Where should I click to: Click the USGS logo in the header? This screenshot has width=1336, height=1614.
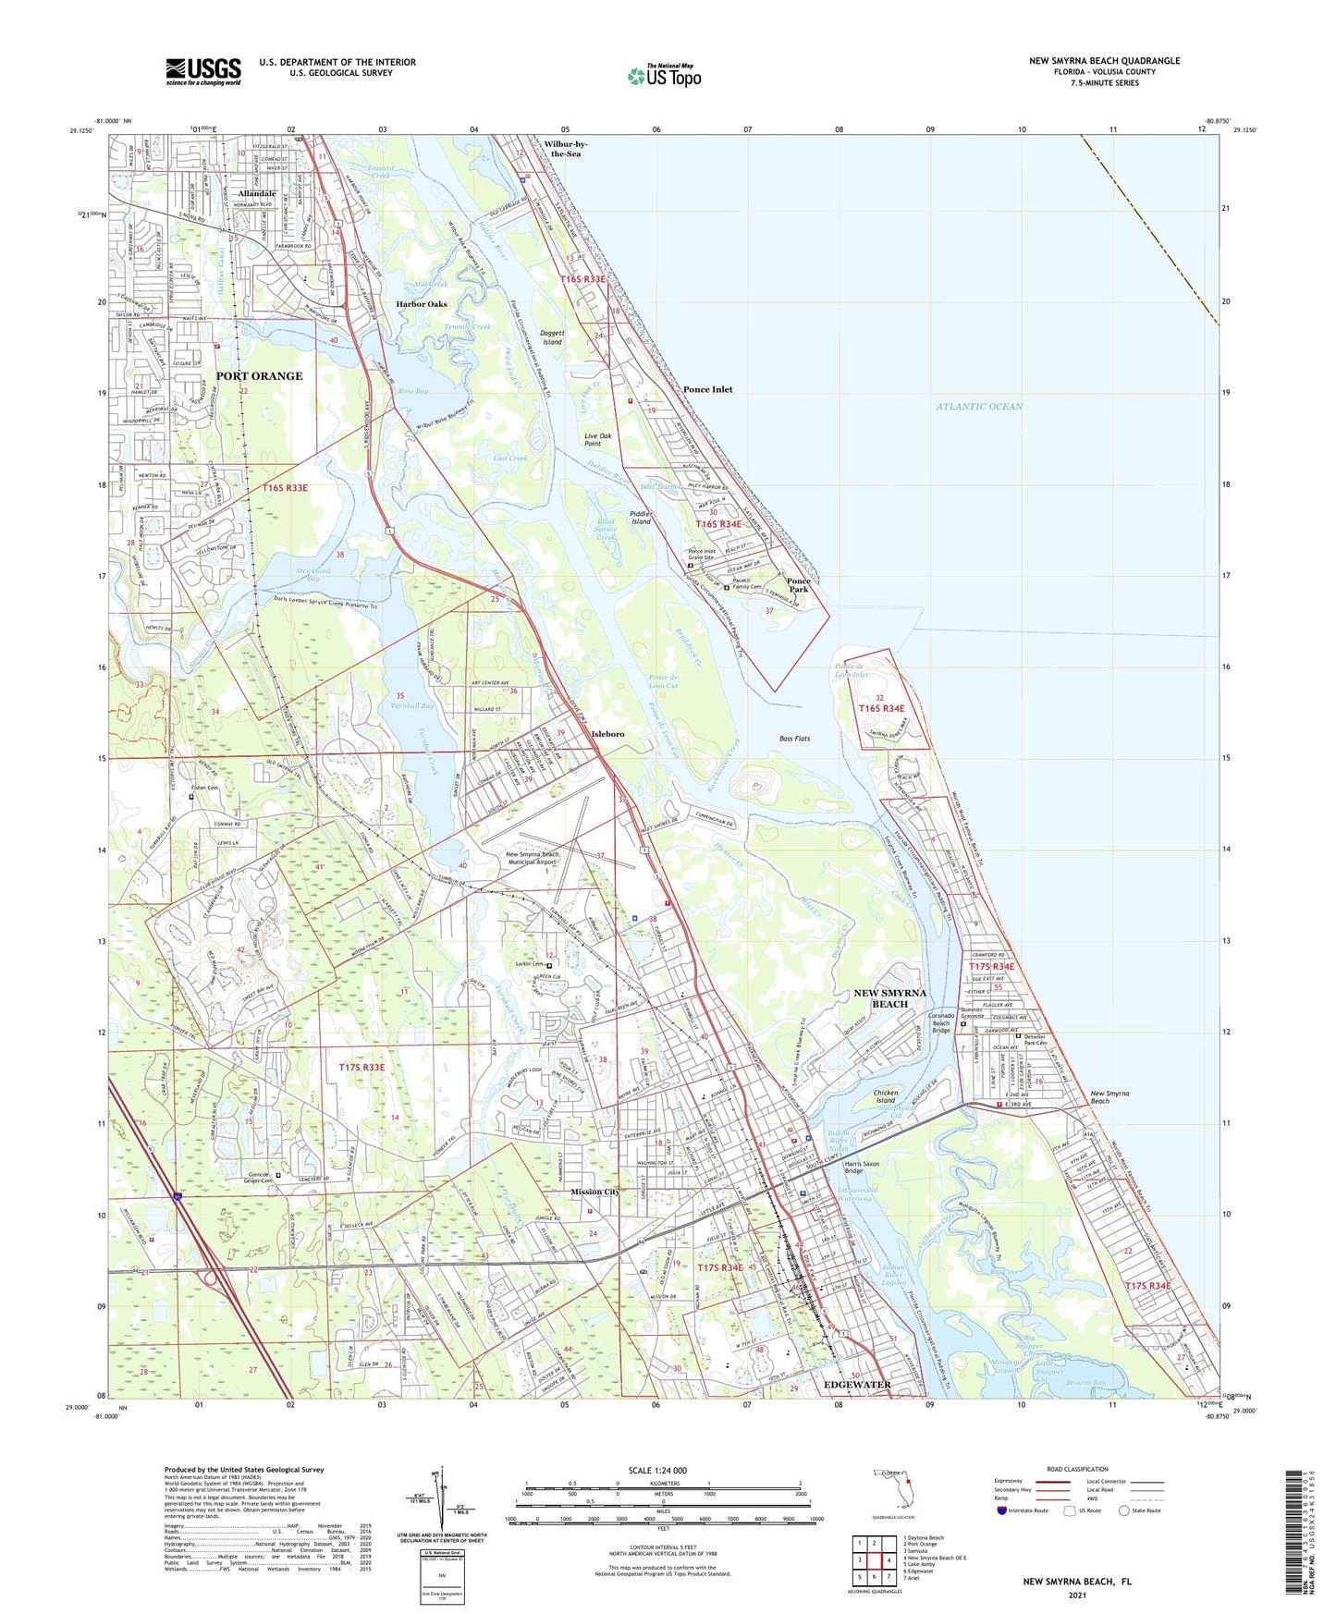203,70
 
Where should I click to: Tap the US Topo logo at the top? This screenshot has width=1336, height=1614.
663,76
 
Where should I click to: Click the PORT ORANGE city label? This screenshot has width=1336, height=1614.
259,376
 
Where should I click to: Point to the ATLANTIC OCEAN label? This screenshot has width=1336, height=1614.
979,407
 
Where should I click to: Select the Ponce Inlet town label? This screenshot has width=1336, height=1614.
707,390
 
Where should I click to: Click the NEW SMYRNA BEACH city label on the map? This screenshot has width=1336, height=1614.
889,998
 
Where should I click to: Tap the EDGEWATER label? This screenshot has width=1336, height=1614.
857,1385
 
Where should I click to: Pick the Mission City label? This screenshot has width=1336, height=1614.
594,1192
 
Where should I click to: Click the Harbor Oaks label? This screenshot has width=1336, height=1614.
421,304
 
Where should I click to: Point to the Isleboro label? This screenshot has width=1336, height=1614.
607,734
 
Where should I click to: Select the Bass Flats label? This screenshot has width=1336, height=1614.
794,739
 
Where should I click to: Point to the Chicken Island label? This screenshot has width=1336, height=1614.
886,1096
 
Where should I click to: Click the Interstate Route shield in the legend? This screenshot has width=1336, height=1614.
1002,1510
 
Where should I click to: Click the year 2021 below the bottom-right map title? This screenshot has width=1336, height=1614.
1076,1596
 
